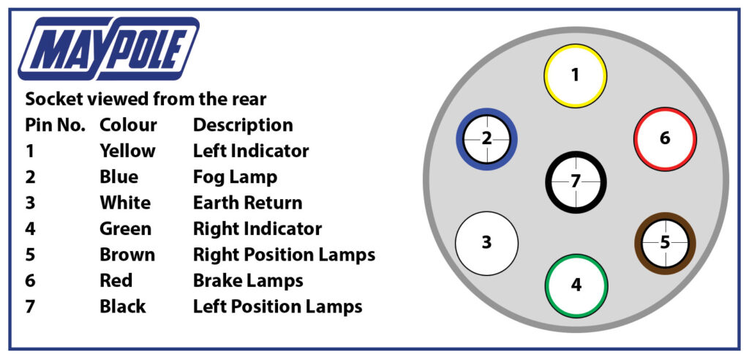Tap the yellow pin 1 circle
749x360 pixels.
[575, 75]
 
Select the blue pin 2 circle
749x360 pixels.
[487, 138]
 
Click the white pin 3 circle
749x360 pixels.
[486, 243]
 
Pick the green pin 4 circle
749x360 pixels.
[576, 285]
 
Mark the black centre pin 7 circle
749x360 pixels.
[576, 181]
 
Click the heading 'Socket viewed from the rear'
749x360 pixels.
[146, 99]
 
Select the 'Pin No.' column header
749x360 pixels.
[56, 125]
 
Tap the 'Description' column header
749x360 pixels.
[243, 125]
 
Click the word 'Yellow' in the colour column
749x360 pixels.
[127, 151]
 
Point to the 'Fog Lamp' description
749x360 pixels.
[235, 177]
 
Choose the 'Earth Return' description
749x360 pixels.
[247, 203]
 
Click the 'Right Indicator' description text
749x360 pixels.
[257, 228]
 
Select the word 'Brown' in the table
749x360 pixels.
[127, 255]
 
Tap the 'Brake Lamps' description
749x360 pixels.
[248, 280]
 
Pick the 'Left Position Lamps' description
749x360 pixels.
[277, 306]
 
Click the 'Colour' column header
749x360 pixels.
[128, 125]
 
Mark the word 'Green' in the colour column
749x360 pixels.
[125, 228]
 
